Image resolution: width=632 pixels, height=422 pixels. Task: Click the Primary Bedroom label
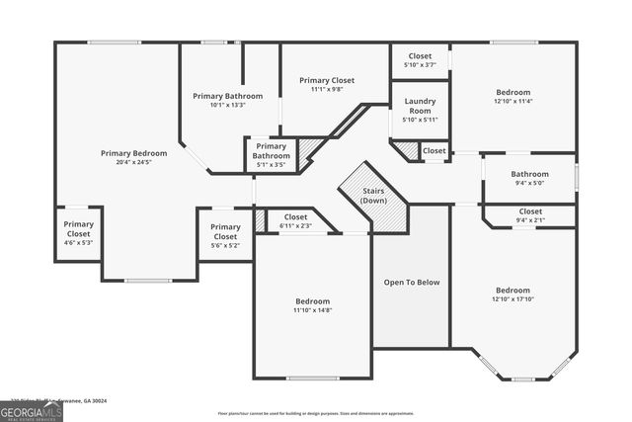(x=133, y=153)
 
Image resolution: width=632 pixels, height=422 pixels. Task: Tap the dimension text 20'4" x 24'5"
(x=133, y=163)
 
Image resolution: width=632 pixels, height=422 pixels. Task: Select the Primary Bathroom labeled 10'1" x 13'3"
(x=227, y=101)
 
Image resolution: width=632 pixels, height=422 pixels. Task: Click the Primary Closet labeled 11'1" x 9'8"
(x=327, y=84)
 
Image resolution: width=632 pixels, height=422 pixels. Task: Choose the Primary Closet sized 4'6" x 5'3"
(x=78, y=230)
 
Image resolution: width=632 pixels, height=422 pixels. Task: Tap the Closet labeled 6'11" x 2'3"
(x=295, y=221)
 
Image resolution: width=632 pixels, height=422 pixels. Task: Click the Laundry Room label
(x=420, y=106)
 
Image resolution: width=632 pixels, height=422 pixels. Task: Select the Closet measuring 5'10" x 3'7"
(x=420, y=60)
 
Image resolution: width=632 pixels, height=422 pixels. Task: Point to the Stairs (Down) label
(x=373, y=195)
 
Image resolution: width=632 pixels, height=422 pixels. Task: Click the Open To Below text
(x=412, y=283)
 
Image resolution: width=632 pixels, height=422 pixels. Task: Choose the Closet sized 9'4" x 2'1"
(x=530, y=215)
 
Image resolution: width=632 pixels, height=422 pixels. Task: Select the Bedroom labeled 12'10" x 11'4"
(x=513, y=96)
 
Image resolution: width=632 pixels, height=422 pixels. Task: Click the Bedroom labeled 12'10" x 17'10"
(x=513, y=295)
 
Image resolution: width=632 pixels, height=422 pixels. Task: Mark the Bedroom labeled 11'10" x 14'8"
(x=312, y=305)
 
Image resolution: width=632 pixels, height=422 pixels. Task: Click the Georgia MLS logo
(x=32, y=411)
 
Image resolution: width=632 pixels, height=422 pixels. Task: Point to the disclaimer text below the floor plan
(x=315, y=413)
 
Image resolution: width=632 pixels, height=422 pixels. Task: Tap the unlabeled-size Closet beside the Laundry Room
(x=434, y=150)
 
